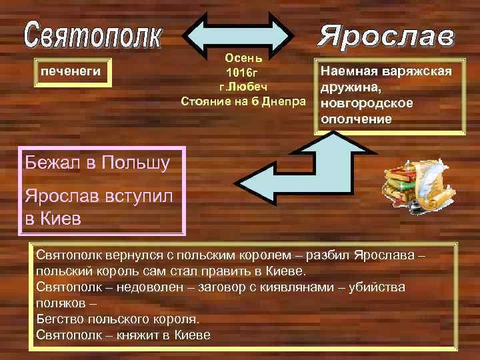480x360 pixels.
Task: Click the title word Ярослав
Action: pyautogui.click(x=386, y=37)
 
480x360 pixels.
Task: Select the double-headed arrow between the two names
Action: pyautogui.click(x=238, y=33)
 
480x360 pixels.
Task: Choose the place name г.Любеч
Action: pyautogui.click(x=243, y=87)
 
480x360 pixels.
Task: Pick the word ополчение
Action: pyautogui.click(x=357, y=118)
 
